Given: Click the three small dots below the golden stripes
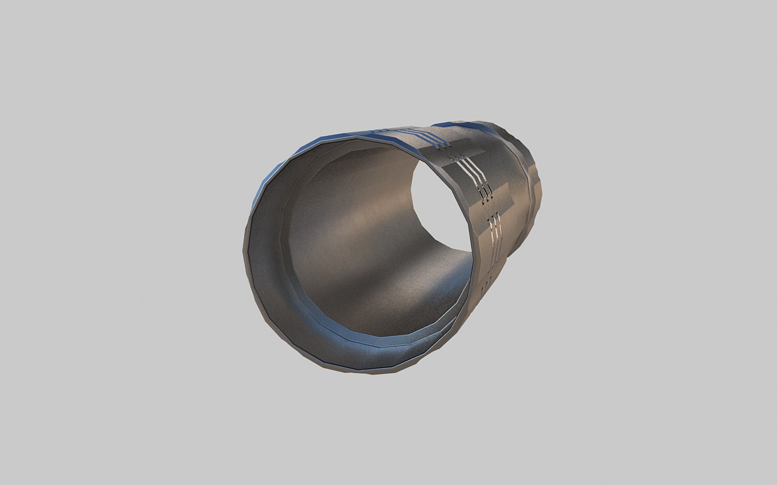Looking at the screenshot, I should point(487,283).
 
